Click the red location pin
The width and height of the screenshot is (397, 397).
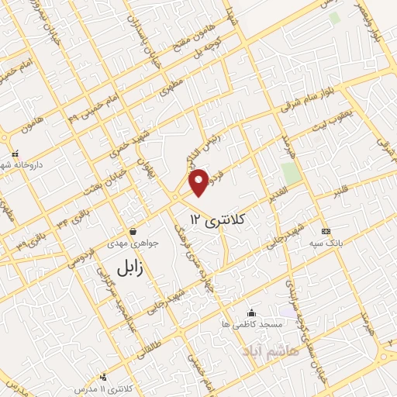coord(200,181)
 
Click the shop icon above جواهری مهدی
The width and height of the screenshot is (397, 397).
coord(133,231)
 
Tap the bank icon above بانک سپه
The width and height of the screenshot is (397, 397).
coord(325,232)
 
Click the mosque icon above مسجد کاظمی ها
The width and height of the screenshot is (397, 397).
coord(250,312)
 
